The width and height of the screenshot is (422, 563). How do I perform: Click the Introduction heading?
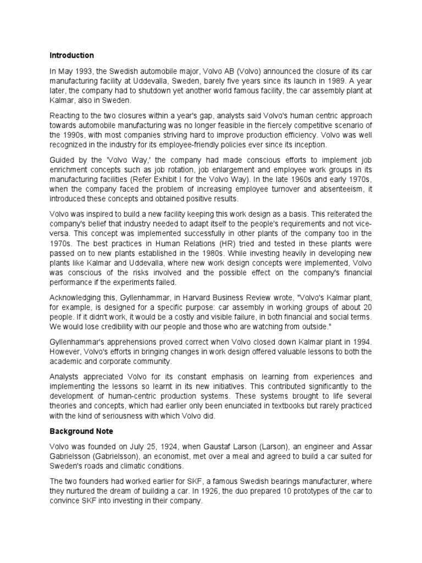pyautogui.click(x=71, y=56)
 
